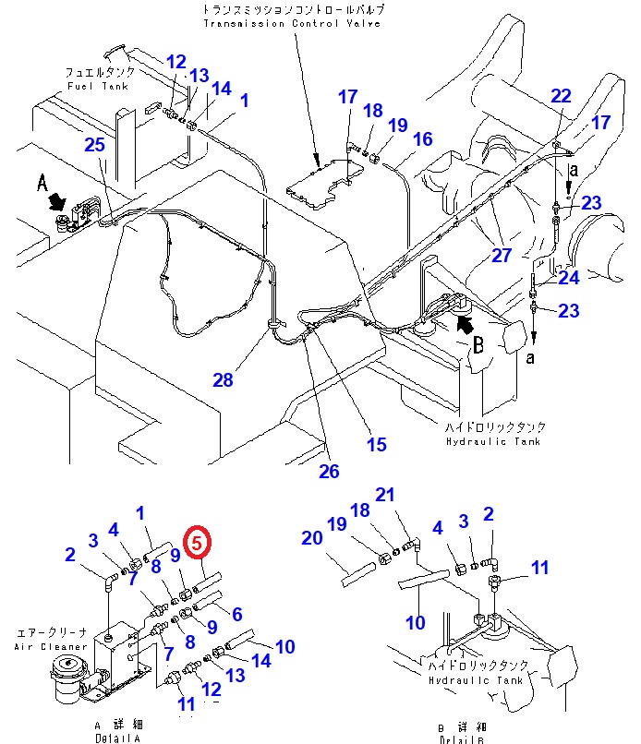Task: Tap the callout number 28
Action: pos(222,380)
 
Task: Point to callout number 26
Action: pos(329,472)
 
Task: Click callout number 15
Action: pos(376,445)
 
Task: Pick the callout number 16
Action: pos(422,139)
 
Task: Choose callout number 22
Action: pos(562,95)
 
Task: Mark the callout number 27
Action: pos(501,256)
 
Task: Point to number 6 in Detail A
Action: pos(236,614)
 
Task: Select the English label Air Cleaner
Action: pos(50,647)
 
